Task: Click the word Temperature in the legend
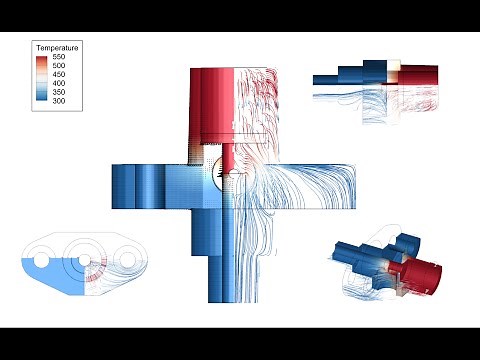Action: point(57,48)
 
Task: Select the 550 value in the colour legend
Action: point(58,59)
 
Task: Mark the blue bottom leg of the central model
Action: point(219,260)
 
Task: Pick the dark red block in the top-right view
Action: point(420,75)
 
